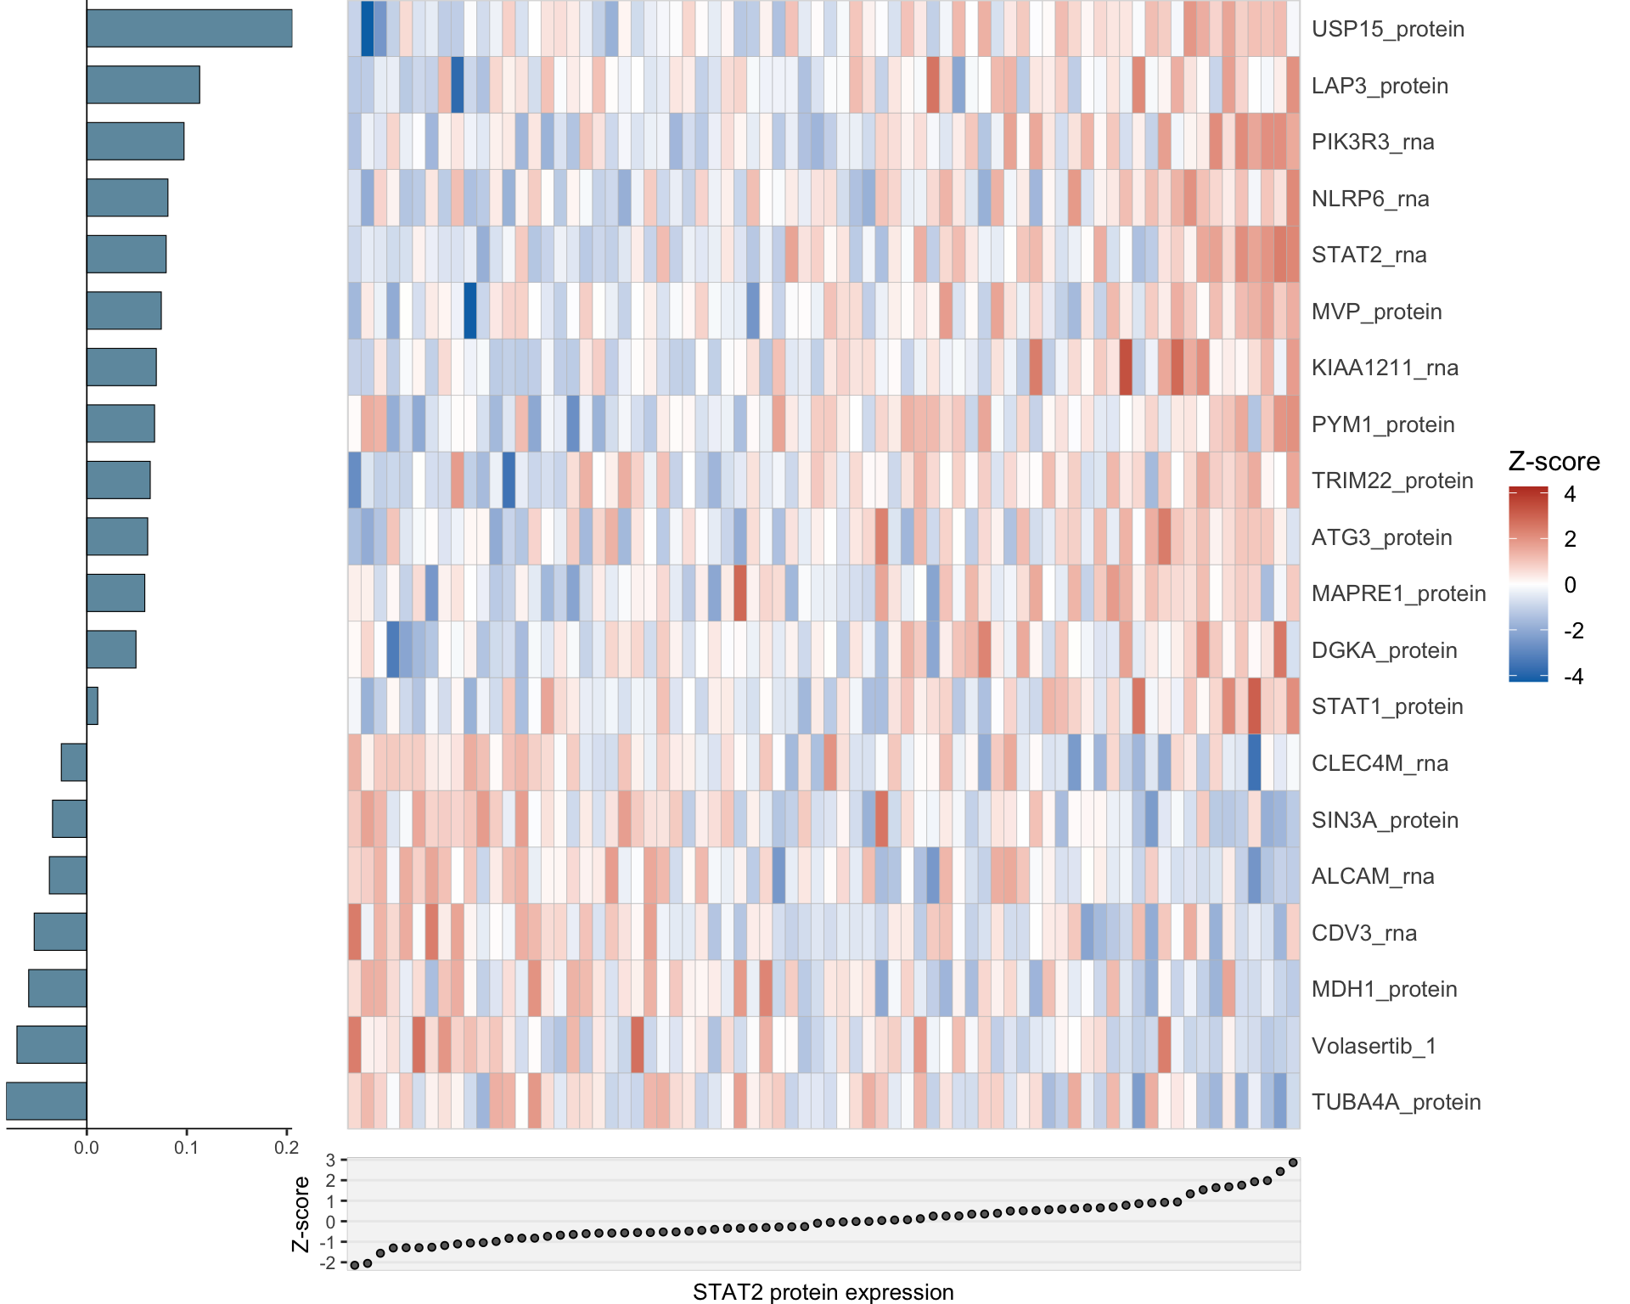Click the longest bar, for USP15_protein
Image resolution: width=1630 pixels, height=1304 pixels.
point(189,29)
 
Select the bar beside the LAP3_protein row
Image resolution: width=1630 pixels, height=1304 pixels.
point(143,85)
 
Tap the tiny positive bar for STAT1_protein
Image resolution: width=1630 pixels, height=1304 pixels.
point(93,705)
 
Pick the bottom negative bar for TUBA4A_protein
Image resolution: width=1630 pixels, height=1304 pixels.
point(47,1101)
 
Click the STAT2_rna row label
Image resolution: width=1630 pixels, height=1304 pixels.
point(1369,255)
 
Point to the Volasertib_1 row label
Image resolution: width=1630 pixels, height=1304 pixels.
point(1374,1045)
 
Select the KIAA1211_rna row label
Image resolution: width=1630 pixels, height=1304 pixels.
point(1385,368)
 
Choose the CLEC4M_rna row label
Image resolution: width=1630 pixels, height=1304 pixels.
point(1380,763)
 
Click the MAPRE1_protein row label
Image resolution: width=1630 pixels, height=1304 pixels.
point(1398,593)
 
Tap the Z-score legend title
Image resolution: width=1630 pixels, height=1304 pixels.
point(1554,462)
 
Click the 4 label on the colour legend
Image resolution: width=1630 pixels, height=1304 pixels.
point(1570,494)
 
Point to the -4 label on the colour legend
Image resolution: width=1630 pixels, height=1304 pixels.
point(1573,677)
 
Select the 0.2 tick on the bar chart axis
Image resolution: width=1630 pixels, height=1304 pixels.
point(287,1148)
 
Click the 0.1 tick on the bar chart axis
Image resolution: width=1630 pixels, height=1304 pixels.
point(187,1148)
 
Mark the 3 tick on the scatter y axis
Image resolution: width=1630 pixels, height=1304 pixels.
point(331,1160)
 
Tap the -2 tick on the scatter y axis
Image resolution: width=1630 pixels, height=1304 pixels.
point(328,1263)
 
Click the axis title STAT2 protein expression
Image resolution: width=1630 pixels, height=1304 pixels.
point(823,1292)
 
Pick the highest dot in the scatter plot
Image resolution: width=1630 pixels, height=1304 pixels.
point(1293,1162)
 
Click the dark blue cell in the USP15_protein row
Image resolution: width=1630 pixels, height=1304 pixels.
point(368,29)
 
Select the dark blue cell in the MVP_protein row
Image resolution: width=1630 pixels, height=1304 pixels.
point(470,311)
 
